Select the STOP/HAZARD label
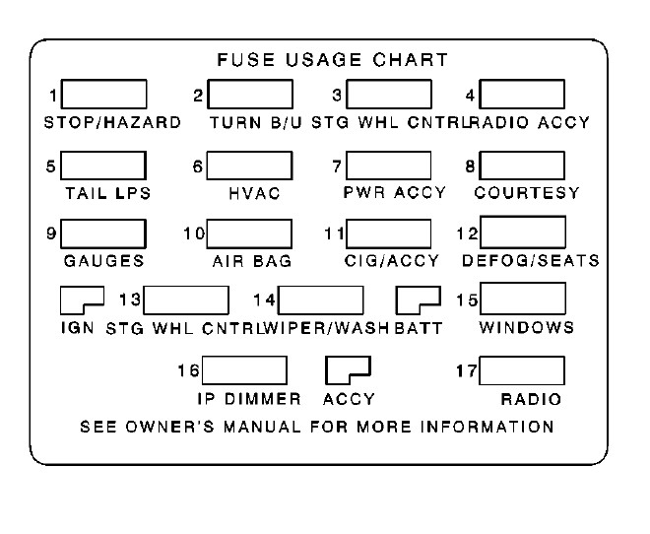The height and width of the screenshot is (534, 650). [112, 123]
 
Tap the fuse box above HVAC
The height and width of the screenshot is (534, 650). [249, 165]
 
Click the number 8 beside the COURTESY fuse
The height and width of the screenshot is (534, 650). [471, 166]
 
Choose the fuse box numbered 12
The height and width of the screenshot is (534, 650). [522, 232]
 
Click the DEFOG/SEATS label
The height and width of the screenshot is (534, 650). [530, 261]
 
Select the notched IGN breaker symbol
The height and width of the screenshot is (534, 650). [81, 299]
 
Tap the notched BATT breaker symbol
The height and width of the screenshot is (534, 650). [417, 299]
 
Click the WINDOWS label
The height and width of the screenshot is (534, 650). [526, 327]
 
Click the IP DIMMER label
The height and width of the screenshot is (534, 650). [247, 399]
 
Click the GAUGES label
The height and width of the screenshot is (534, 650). [103, 261]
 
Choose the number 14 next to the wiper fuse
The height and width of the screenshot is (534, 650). [264, 299]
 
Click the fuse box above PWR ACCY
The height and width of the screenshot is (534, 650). [389, 165]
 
